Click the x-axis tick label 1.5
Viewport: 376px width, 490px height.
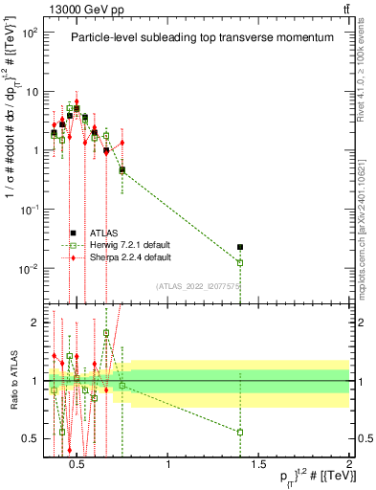coord(258,465)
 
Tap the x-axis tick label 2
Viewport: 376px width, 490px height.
coord(348,465)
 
